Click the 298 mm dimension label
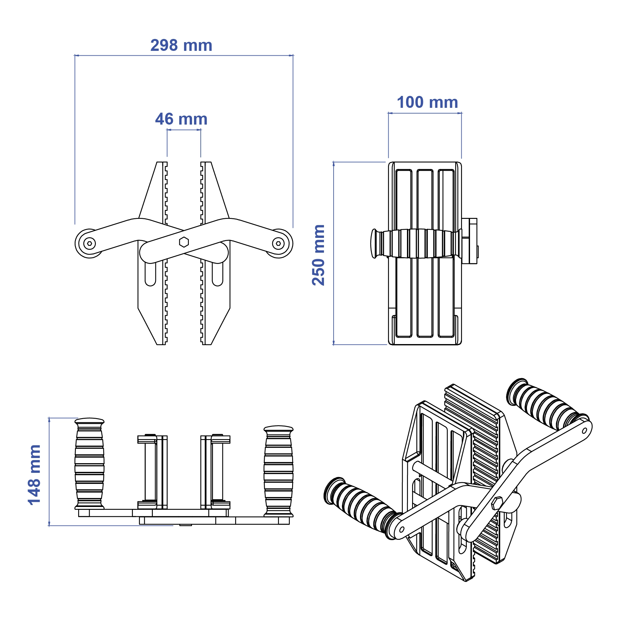coord(181,45)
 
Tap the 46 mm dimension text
coord(181,119)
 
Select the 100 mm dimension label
coord(427,103)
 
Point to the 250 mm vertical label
coord(318,255)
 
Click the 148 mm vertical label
coord(34,475)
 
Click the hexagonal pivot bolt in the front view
coord(184,242)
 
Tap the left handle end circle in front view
coord(89,243)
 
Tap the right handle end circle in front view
coord(278,243)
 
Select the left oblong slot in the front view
coord(150,274)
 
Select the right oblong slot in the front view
coord(217,274)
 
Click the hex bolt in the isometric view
coord(497,503)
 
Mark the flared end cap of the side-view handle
coord(374,243)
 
